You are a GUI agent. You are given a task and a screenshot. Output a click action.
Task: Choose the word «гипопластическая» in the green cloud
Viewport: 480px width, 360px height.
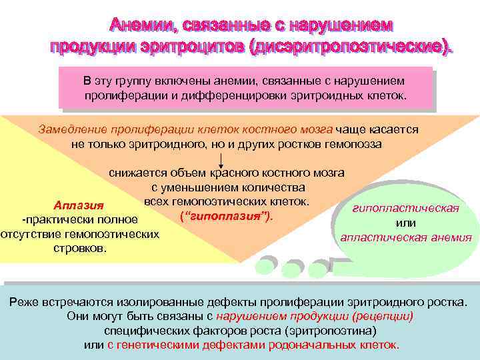pyautogui.click(x=406, y=209)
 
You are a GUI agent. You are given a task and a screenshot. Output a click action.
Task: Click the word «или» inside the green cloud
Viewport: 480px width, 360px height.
pyautogui.click(x=406, y=223)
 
